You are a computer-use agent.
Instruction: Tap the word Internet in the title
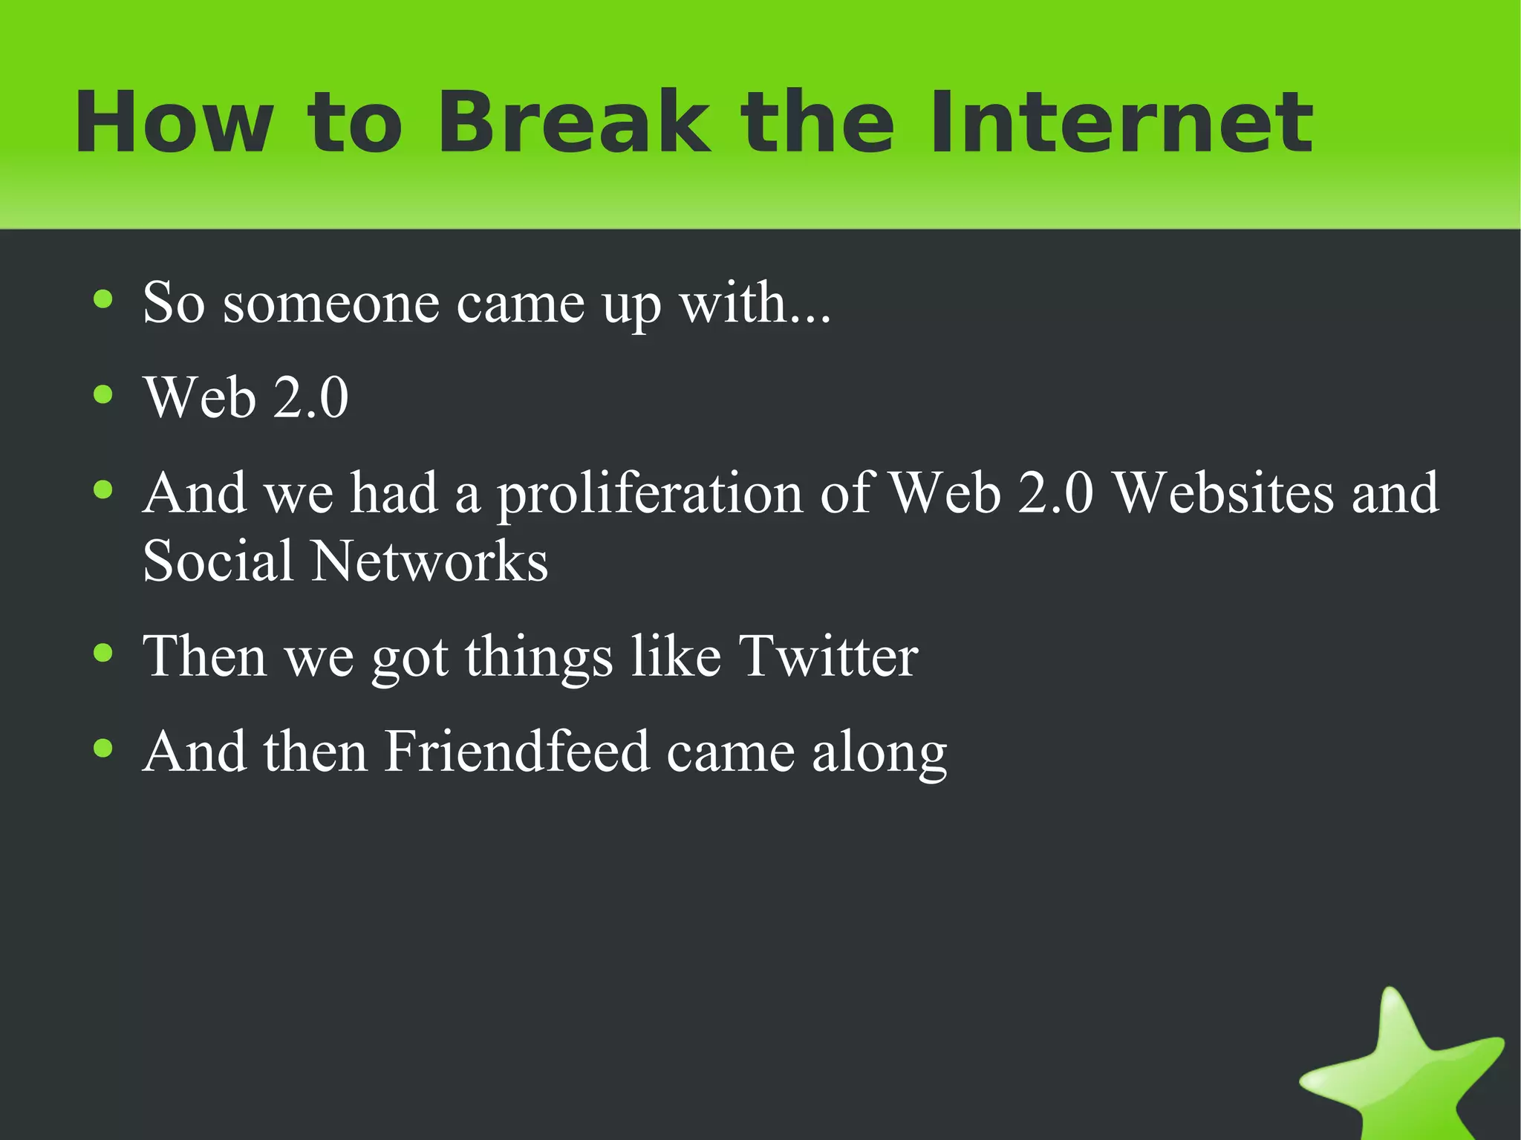click(1121, 123)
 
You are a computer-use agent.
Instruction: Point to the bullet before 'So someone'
click(103, 300)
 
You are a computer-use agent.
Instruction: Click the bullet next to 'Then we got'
click(103, 654)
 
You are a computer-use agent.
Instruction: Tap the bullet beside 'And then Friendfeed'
click(103, 749)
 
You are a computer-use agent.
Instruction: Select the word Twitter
click(829, 657)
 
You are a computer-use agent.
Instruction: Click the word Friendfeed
click(517, 752)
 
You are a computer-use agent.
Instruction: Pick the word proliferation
click(650, 495)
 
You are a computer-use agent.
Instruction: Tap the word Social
click(218, 561)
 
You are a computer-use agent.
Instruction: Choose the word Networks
click(429, 561)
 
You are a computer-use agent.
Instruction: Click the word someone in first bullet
click(331, 303)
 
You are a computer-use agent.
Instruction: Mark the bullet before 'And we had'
click(103, 489)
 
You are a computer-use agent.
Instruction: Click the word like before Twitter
click(676, 657)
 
